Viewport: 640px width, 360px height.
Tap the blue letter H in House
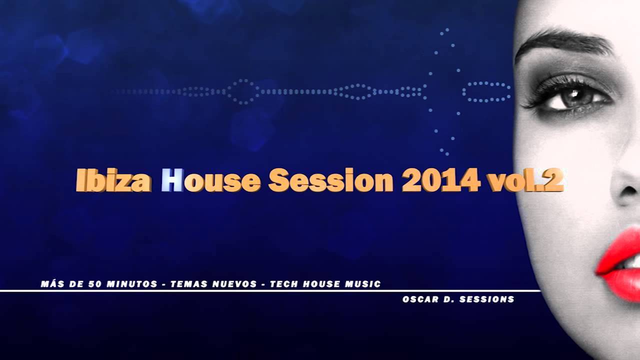[172, 180]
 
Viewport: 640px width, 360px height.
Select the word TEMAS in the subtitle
[187, 284]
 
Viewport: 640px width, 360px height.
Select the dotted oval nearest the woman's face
[486, 92]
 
